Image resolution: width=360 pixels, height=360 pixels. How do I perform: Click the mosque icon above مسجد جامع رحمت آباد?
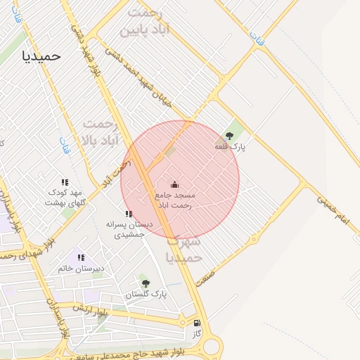click(174, 184)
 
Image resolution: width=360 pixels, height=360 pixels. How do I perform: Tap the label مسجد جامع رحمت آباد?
click(180, 199)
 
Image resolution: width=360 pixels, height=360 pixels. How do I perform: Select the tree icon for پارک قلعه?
click(229, 136)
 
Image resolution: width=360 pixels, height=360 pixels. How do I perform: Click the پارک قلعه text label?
click(231, 147)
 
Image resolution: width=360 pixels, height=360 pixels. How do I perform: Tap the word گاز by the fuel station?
click(196, 333)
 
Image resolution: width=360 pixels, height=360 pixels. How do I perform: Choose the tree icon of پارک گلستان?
click(146, 283)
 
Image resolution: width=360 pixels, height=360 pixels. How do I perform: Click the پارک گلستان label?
click(146, 295)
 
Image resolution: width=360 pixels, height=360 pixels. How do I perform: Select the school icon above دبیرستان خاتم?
click(81, 258)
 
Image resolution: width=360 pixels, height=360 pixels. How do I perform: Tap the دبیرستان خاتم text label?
click(81, 269)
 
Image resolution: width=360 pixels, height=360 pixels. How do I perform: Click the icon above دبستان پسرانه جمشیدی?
click(129, 214)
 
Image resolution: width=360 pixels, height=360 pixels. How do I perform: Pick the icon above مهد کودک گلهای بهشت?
click(65, 182)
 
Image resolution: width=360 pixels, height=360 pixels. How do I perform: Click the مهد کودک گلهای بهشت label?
click(65, 197)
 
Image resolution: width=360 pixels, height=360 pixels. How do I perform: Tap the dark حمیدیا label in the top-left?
click(41, 55)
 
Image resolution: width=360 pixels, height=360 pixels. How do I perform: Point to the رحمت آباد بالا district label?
click(98, 132)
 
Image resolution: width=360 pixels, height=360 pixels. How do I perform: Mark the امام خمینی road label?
click(333, 210)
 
